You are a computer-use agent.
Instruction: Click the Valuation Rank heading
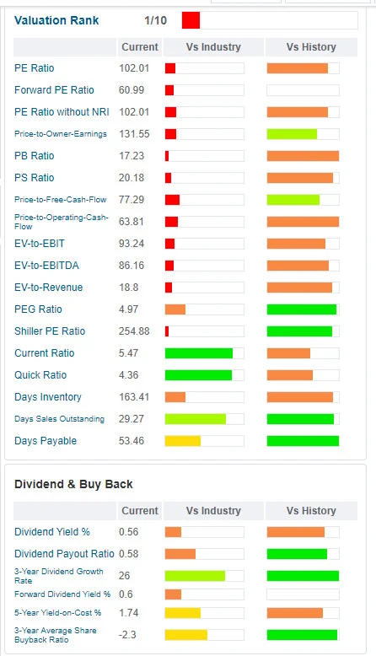pyautogui.click(x=56, y=20)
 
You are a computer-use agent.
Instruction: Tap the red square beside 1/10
pyautogui.click(x=191, y=20)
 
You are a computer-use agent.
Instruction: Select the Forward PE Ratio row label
pyautogui.click(x=54, y=90)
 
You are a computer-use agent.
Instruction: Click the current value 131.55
pyautogui.click(x=134, y=134)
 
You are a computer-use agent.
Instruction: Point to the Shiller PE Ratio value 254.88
pyautogui.click(x=134, y=331)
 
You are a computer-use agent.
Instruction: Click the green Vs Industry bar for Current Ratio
pyautogui.click(x=199, y=353)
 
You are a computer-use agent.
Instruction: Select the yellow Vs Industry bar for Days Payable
pyautogui.click(x=183, y=440)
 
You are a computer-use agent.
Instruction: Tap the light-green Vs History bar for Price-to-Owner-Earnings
pyautogui.click(x=292, y=134)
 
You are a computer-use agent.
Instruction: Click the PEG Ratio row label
pyautogui.click(x=38, y=309)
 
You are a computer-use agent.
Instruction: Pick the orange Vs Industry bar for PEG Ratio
pyautogui.click(x=175, y=309)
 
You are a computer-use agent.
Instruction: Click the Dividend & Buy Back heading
pyautogui.click(x=73, y=484)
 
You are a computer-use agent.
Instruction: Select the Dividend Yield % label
pyautogui.click(x=52, y=532)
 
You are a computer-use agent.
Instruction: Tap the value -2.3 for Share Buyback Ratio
pyautogui.click(x=127, y=635)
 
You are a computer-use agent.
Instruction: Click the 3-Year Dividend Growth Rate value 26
pyautogui.click(x=124, y=576)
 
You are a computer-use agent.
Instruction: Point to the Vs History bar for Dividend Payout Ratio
pyautogui.click(x=297, y=554)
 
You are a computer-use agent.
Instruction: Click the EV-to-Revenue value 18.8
pyautogui.click(x=128, y=288)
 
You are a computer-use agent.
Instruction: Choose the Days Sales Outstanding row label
pyautogui.click(x=59, y=419)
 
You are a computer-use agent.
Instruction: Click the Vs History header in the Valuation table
pyautogui.click(x=311, y=47)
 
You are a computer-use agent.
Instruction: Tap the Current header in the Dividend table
pyautogui.click(x=140, y=510)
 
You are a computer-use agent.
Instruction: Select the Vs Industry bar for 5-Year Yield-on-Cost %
pyautogui.click(x=183, y=613)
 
